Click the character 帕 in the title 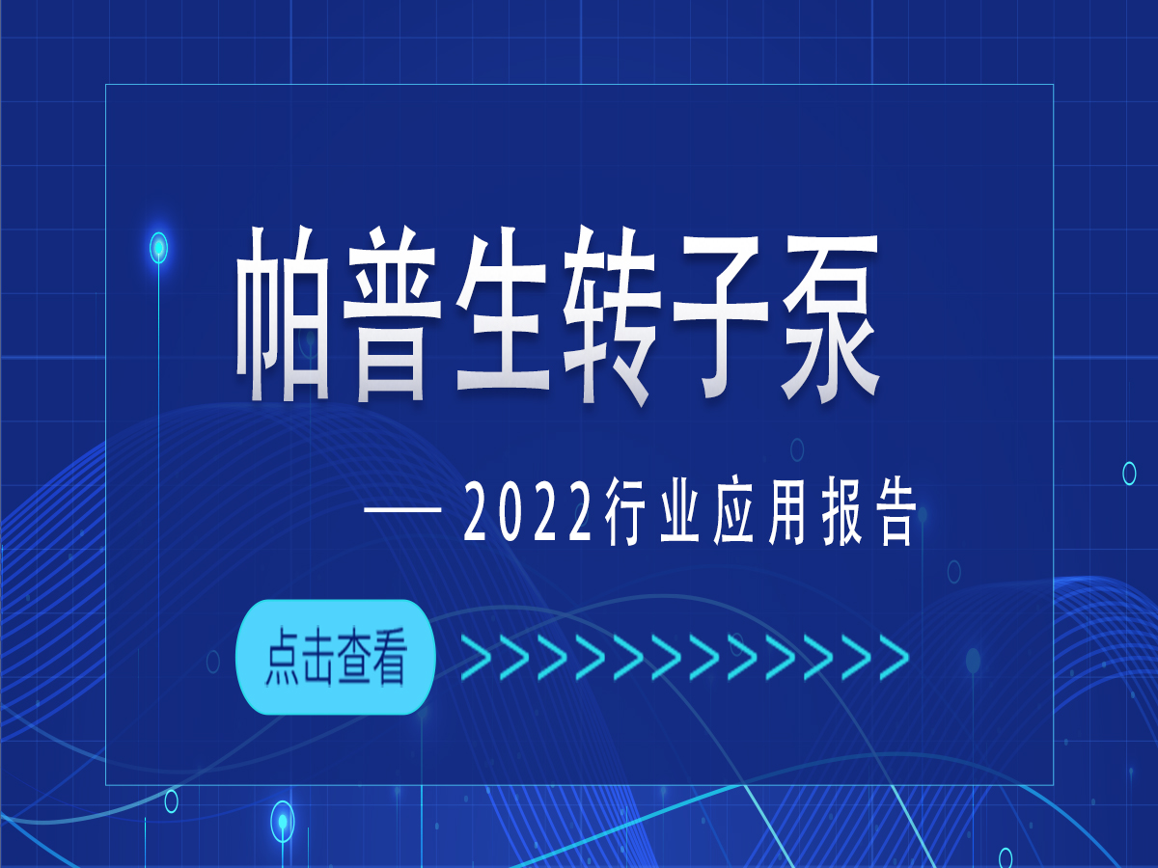point(284,318)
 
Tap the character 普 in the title point(393,318)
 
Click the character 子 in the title point(718,318)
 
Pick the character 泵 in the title point(827,318)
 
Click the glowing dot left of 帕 point(159,247)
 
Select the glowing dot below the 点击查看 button point(282,821)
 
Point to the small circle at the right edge point(1129,473)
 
